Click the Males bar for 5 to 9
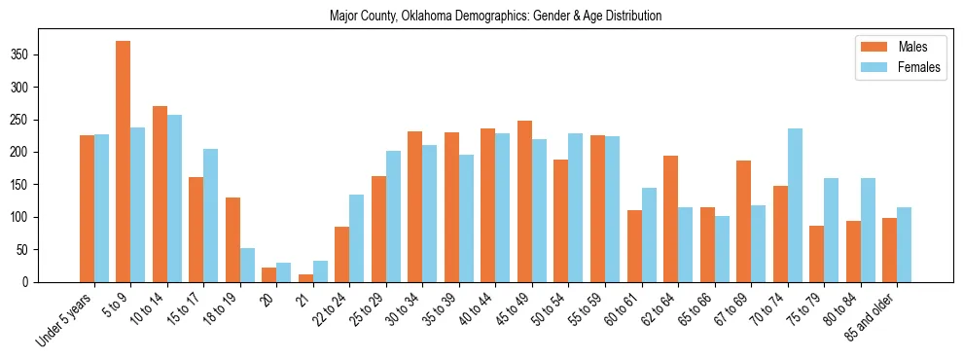(x=124, y=162)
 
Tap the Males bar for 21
(x=305, y=278)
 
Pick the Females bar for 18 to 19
(x=247, y=265)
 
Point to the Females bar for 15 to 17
(x=211, y=215)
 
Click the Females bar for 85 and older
(x=904, y=244)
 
